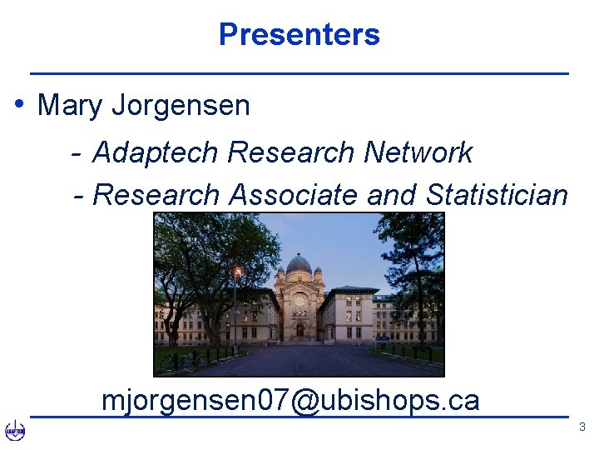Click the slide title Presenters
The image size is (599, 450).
(x=299, y=34)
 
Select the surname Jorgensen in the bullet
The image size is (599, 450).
(x=181, y=106)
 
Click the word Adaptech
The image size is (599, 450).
(x=156, y=152)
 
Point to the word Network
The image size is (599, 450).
(x=418, y=152)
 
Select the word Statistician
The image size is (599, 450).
(x=497, y=195)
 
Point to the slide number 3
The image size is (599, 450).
(x=582, y=427)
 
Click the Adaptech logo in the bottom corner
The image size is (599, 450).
(x=15, y=431)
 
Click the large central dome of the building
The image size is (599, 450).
(x=299, y=265)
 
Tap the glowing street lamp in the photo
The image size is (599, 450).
(x=238, y=272)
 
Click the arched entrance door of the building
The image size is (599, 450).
(x=299, y=330)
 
